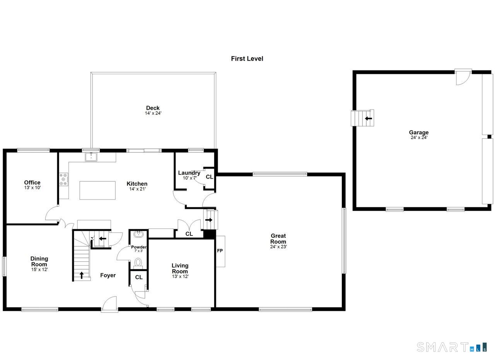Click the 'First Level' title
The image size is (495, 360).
(247, 58)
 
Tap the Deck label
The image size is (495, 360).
(153, 108)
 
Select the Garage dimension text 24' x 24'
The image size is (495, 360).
(419, 137)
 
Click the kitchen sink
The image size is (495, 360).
(91, 157)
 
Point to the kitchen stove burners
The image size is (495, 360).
(64, 179)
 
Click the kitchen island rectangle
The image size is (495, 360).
(97, 190)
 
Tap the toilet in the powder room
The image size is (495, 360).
(138, 263)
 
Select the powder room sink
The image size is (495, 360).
(138, 234)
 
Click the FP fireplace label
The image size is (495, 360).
(220, 251)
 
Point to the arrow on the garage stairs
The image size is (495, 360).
(369, 118)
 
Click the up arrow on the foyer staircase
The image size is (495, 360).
(82, 275)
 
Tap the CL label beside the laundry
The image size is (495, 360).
(210, 177)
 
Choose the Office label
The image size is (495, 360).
(32, 183)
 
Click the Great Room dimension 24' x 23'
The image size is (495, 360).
(278, 247)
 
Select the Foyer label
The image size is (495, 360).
(108, 275)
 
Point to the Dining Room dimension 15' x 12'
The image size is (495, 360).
(39, 270)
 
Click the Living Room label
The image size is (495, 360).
(180, 268)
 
